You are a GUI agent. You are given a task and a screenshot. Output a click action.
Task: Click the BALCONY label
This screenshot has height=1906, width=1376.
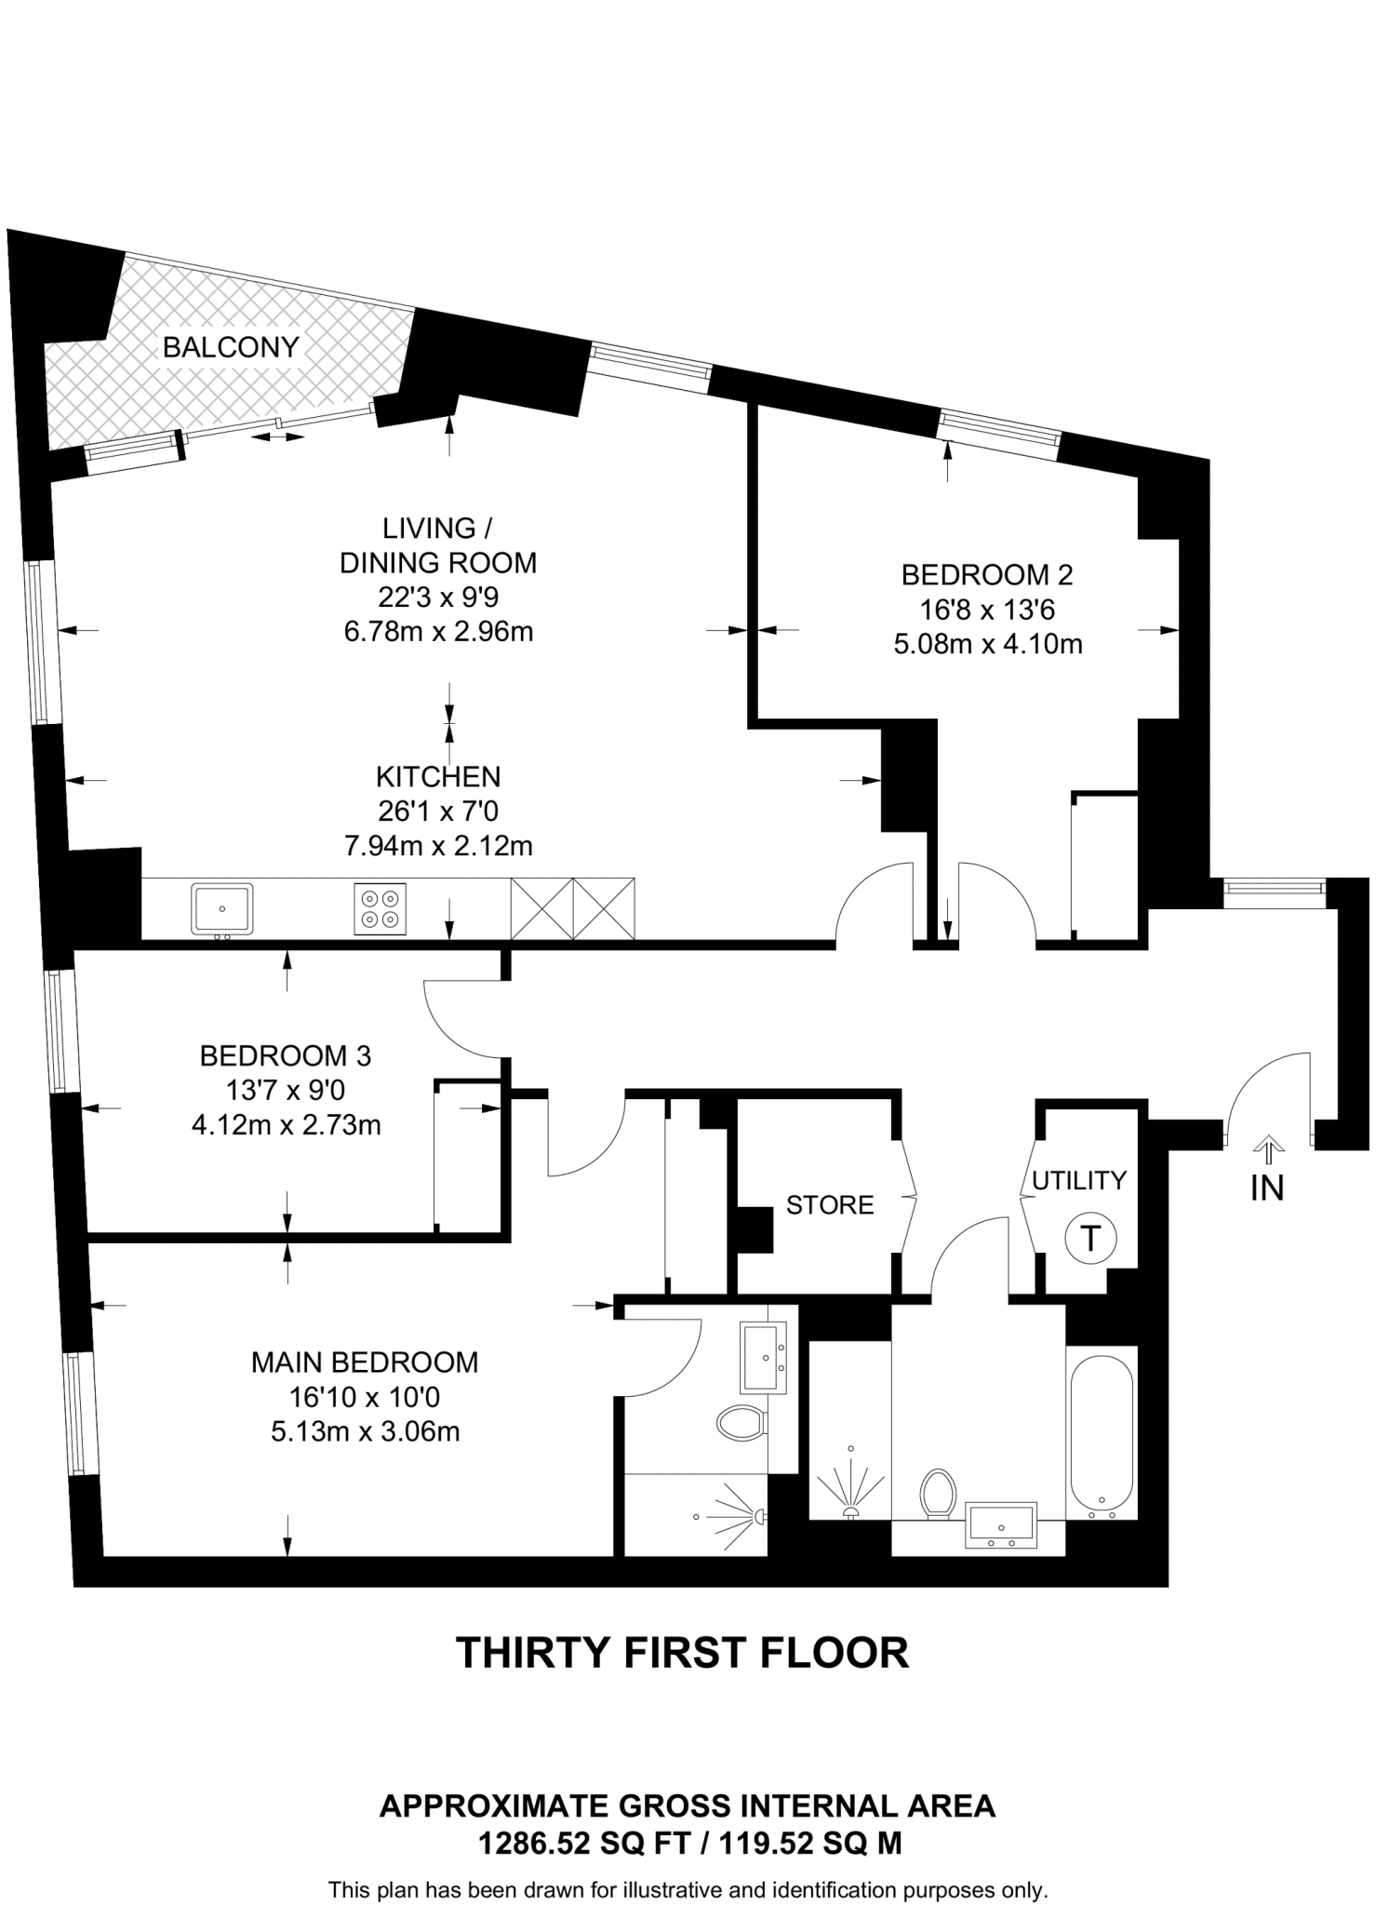click(231, 347)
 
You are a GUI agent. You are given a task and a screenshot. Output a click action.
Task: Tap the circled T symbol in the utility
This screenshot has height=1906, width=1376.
click(1089, 1239)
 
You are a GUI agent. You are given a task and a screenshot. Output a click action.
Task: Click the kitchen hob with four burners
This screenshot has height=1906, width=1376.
click(380, 908)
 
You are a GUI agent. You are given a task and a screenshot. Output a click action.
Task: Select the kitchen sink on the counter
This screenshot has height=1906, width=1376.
click(222, 908)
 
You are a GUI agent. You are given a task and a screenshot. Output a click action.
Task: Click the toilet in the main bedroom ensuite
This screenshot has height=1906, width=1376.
click(741, 1422)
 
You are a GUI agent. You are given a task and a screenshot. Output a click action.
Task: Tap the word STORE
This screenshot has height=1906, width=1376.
click(830, 1205)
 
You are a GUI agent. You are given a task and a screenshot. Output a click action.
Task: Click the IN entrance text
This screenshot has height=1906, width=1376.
click(1266, 1188)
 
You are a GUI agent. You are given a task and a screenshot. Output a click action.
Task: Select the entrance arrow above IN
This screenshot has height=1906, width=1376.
click(1266, 1148)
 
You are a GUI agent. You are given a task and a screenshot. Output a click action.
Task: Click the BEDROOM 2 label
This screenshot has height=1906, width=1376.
click(987, 575)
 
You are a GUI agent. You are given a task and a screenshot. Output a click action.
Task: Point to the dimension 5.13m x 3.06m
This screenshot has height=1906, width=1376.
click(365, 1431)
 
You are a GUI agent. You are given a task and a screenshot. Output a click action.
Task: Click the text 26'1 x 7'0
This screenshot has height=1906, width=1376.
click(438, 812)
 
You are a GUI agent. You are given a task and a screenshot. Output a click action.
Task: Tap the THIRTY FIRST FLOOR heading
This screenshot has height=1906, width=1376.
click(682, 1653)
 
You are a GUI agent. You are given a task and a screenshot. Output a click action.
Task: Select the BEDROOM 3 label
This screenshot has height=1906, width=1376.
click(286, 1056)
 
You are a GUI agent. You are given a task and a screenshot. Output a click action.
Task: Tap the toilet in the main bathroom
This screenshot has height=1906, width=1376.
click(937, 1494)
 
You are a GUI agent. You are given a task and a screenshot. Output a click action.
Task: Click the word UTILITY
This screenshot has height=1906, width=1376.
click(1079, 1180)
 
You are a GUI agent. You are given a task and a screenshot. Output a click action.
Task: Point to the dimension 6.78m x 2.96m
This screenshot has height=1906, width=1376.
click(438, 632)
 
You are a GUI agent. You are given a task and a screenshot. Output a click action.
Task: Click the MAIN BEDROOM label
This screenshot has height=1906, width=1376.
click(365, 1362)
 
